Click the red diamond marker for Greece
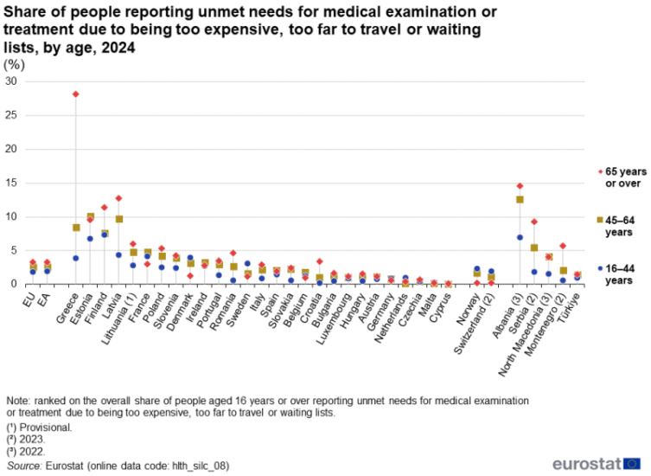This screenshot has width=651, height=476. click(76, 93)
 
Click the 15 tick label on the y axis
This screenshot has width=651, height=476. click(11, 183)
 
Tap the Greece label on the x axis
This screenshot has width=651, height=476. click(65, 304)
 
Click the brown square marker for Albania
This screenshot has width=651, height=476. click(520, 199)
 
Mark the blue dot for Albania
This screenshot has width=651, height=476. click(520, 237)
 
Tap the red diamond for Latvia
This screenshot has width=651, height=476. click(118, 198)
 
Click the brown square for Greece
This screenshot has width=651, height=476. click(76, 227)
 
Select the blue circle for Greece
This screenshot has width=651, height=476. click(76, 258)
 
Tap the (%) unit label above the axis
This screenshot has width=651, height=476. click(15, 65)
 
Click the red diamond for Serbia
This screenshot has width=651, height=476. click(534, 222)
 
